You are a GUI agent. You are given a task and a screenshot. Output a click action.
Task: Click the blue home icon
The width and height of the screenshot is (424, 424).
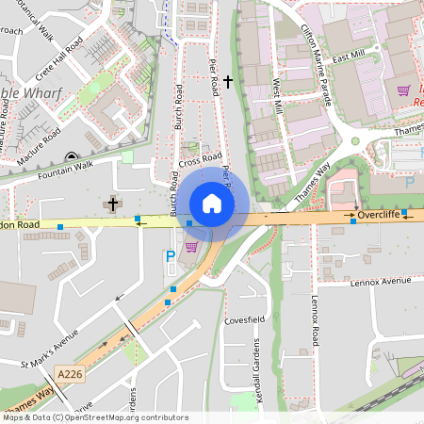[x=212, y=203]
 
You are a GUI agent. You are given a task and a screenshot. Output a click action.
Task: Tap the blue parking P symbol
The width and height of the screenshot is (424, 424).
[x=171, y=255]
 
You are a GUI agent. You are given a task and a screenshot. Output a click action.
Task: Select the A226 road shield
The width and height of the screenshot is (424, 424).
[x=69, y=373]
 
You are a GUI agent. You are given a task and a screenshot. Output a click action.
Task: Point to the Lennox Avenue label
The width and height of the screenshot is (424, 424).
[x=382, y=281]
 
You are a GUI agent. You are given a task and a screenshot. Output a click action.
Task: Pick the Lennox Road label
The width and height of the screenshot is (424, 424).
[x=316, y=319]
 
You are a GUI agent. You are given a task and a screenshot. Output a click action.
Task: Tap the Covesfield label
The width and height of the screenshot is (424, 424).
[x=241, y=320]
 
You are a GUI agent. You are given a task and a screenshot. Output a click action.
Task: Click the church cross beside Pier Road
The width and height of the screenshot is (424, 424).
[x=228, y=83]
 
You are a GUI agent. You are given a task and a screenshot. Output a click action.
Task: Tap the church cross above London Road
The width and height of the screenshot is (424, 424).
[x=113, y=204]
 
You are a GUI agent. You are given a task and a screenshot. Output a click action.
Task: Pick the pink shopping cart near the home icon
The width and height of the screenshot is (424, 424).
[x=191, y=247]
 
